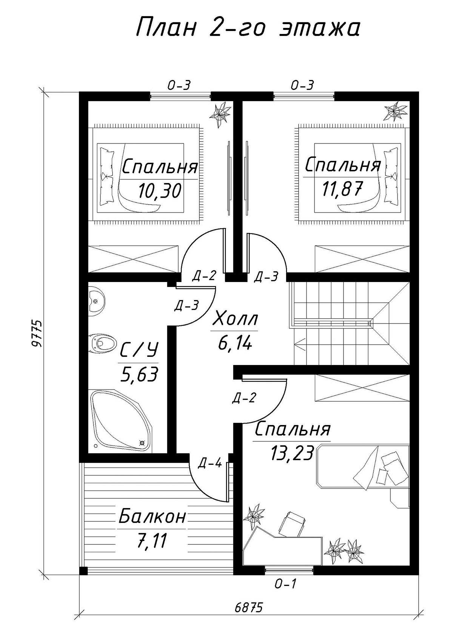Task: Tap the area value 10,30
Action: tap(160, 191)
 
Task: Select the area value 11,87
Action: tap(342, 189)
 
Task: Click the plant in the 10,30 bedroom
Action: tap(220, 114)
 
